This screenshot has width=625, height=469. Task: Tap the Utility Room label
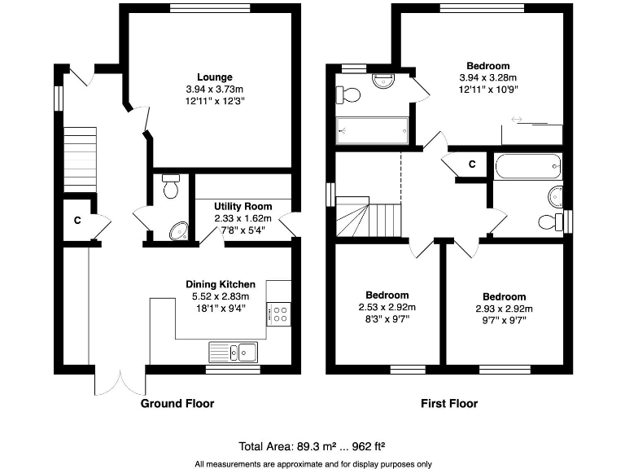point(243,207)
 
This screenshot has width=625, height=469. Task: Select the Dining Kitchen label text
point(221,284)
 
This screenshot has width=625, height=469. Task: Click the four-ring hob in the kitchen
point(281,313)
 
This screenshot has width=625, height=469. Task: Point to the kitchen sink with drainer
point(233,352)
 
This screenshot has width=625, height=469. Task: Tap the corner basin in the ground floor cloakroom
point(178,232)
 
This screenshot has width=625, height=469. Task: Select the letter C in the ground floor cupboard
point(77,220)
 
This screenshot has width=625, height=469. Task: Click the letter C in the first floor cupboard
point(471,164)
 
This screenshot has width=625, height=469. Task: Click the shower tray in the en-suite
point(372,130)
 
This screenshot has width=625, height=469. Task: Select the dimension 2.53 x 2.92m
point(387,308)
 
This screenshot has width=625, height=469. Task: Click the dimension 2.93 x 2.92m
point(504,309)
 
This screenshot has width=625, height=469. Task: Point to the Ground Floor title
point(177,404)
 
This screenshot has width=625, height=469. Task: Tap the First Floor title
point(448,404)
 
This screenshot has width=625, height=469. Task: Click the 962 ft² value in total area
point(361,446)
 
